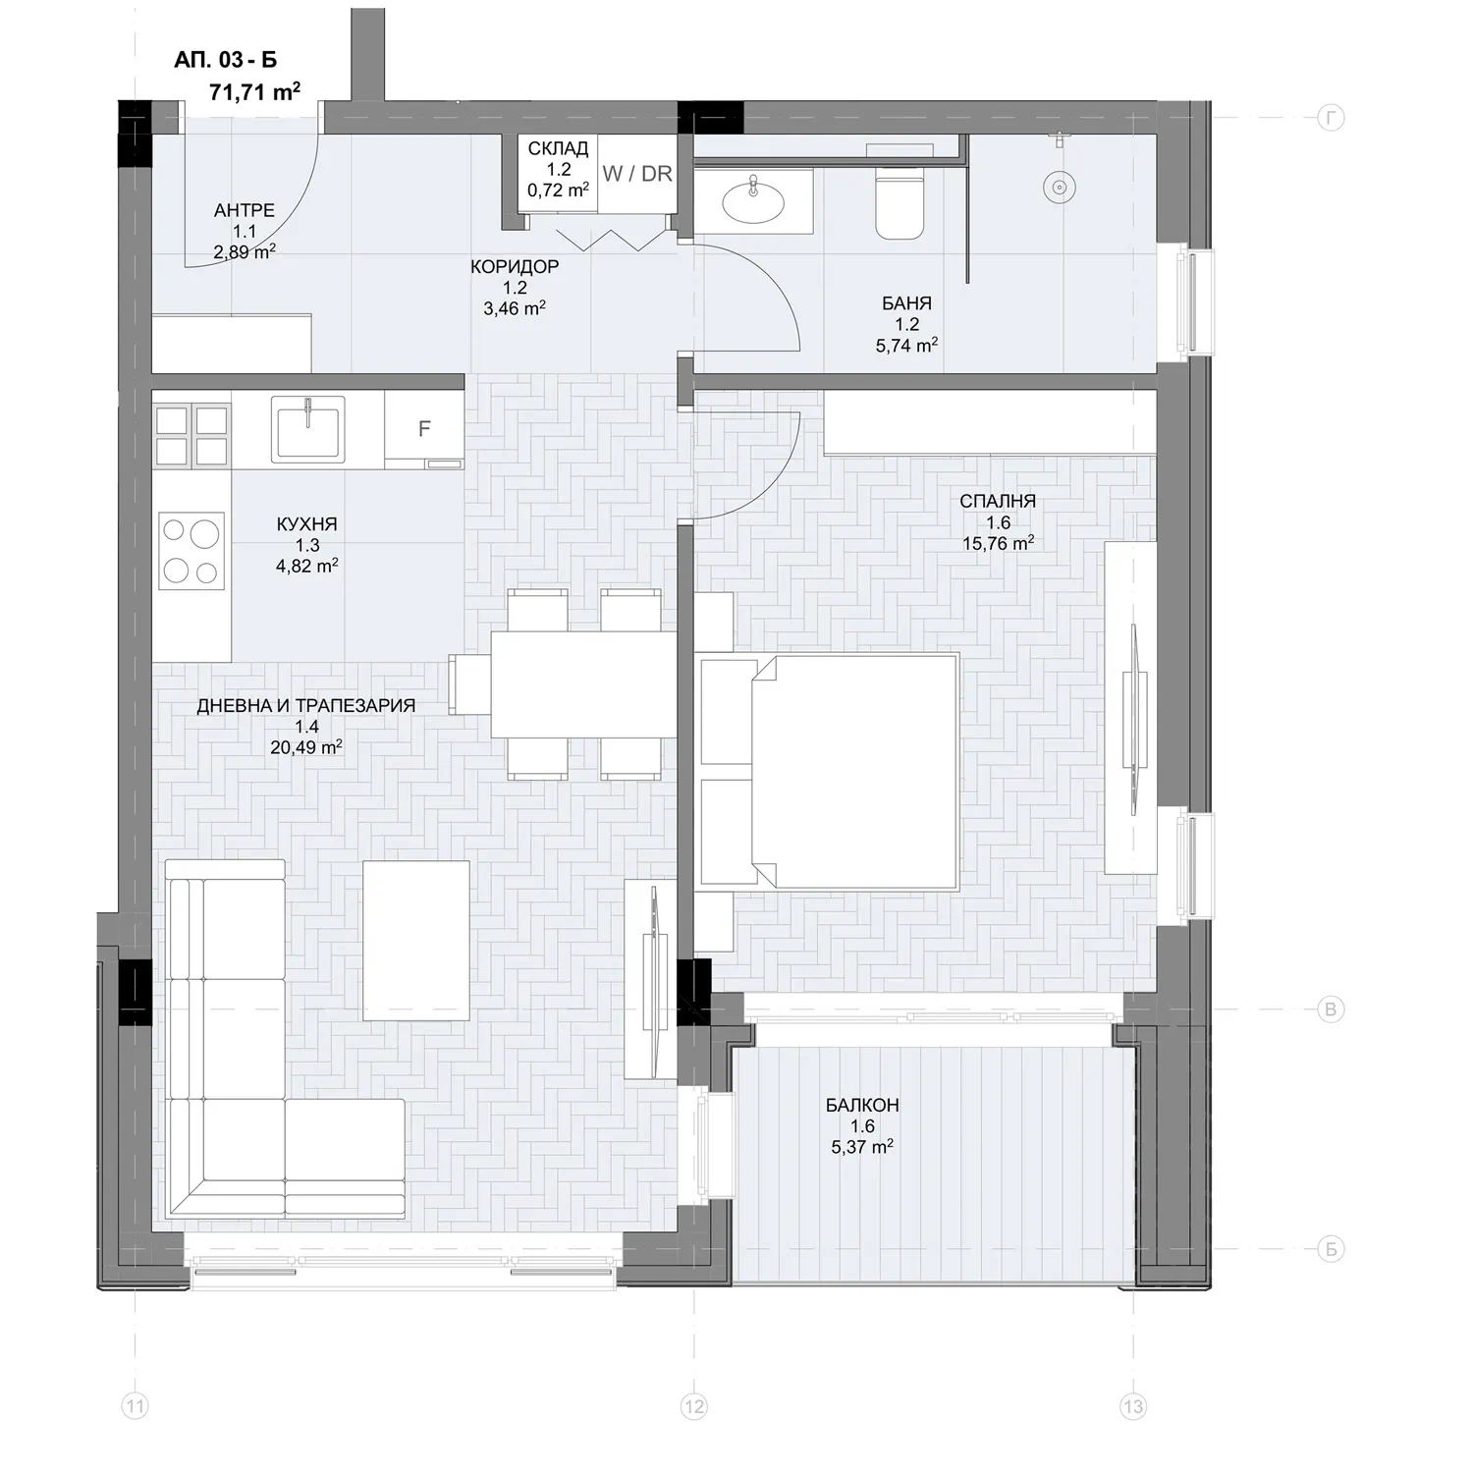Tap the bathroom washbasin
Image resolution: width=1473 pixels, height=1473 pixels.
pyautogui.click(x=753, y=201)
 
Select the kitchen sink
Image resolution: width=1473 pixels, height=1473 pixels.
pyautogui.click(x=307, y=427)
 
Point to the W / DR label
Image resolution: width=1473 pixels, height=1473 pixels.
pyautogui.click(x=637, y=174)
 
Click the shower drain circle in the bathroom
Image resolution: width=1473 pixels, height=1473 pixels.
pyautogui.click(x=1057, y=187)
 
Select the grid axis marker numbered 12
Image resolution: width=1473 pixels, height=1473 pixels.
pyautogui.click(x=693, y=1406)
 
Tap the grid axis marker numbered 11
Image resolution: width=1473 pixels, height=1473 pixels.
pyautogui.click(x=135, y=1406)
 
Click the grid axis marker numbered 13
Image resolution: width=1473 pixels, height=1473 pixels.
pyautogui.click(x=1133, y=1406)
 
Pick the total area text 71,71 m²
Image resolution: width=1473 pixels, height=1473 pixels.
pyautogui.click(x=254, y=92)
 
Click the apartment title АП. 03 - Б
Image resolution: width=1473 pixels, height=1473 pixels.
pyautogui.click(x=226, y=60)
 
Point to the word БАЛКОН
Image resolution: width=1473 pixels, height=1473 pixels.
pyautogui.click(x=862, y=1106)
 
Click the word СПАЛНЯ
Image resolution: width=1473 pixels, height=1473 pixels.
pyautogui.click(x=998, y=502)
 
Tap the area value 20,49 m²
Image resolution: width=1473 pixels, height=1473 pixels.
pyautogui.click(x=306, y=747)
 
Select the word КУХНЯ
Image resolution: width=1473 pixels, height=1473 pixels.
pyautogui.click(x=307, y=525)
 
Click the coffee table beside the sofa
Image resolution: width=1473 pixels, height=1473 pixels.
pyautogui.click(x=416, y=941)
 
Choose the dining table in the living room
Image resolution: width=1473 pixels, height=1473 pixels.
pyautogui.click(x=583, y=683)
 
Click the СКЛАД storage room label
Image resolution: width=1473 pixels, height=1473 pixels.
pyautogui.click(x=559, y=149)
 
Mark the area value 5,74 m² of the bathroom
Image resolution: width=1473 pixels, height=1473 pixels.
pyautogui.click(x=906, y=346)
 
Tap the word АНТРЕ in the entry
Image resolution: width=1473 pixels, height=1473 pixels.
pyautogui.click(x=245, y=211)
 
